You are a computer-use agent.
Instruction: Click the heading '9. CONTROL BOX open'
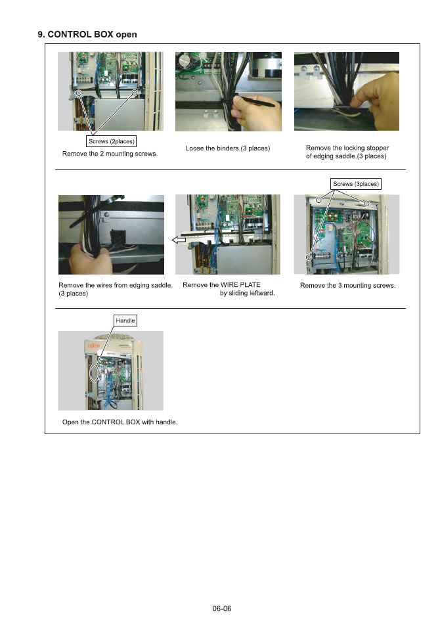(87, 34)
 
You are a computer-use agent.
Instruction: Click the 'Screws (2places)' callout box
(112, 141)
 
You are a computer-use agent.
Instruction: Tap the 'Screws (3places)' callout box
(356, 184)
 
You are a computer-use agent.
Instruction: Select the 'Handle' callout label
(125, 321)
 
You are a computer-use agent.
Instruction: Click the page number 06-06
(221, 608)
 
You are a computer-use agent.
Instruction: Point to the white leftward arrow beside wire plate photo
(179, 240)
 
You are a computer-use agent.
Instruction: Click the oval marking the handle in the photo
(95, 372)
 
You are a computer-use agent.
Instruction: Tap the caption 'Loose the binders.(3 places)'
(228, 148)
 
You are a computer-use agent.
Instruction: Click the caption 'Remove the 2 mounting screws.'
(110, 154)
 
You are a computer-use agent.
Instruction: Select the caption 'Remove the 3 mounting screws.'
(347, 285)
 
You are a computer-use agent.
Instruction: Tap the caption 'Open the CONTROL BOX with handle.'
(120, 422)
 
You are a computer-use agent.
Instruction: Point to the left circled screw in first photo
(79, 93)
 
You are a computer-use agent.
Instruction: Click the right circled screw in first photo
(135, 93)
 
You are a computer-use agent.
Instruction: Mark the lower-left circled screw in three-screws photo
(309, 257)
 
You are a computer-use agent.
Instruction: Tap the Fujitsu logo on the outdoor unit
(94, 345)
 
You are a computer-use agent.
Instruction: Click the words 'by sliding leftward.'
(247, 294)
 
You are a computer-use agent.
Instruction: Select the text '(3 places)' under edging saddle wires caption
(73, 294)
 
